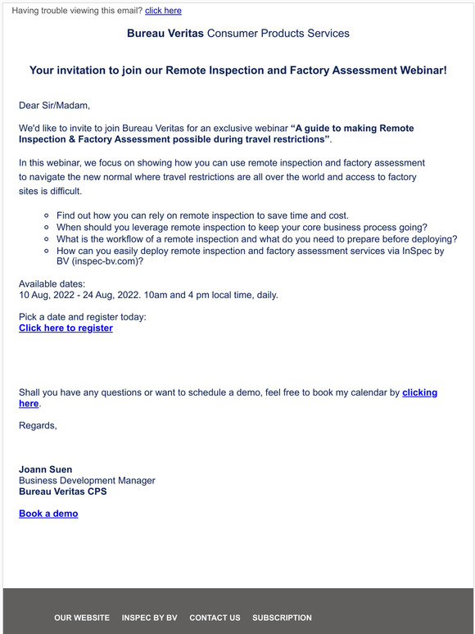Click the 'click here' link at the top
point(163,11)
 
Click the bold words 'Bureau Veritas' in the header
point(165,34)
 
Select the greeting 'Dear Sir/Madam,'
point(54,105)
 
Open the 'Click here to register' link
point(66,328)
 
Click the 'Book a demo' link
point(48,514)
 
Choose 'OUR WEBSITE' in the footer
point(82,618)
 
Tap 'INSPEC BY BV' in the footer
point(149,618)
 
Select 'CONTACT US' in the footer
point(215,618)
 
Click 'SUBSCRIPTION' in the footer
point(282,618)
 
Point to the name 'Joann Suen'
point(45,469)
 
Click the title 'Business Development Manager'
point(87,481)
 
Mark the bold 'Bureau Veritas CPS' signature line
point(62,491)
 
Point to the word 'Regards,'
point(38,425)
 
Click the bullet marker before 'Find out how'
point(48,216)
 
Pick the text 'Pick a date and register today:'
point(83,316)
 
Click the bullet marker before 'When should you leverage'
point(48,228)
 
